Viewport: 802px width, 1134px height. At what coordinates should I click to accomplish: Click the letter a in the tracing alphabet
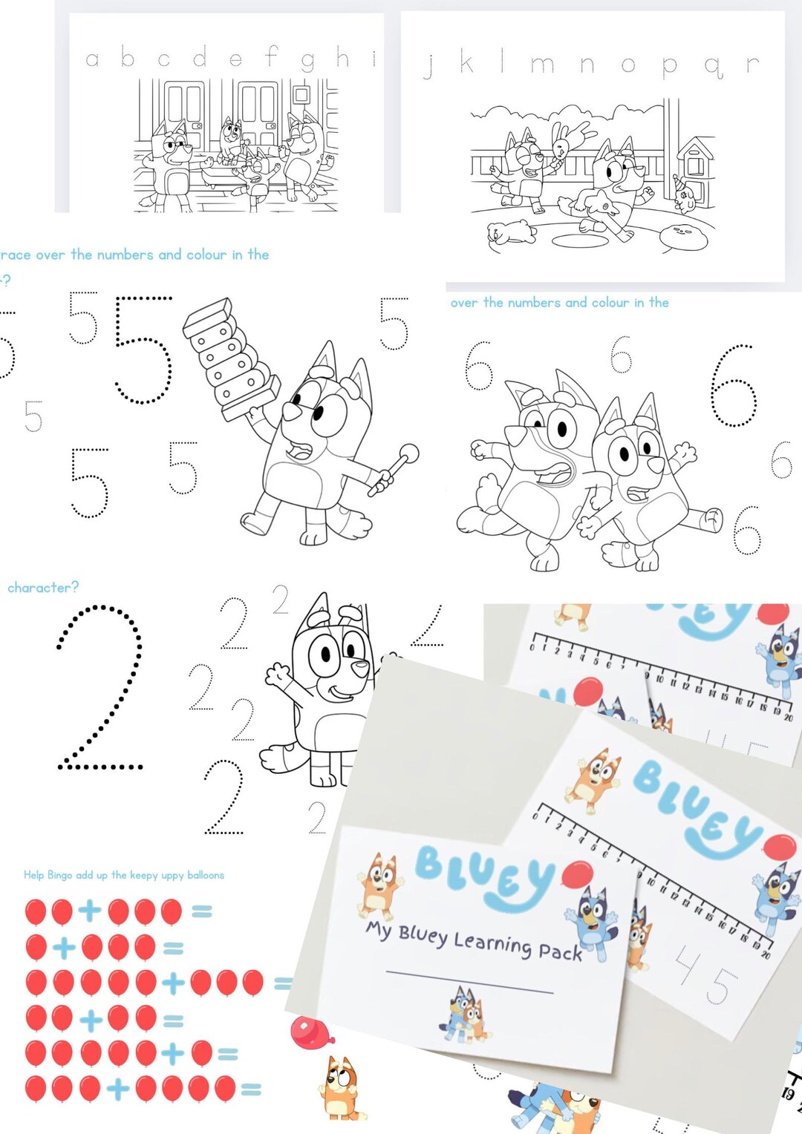pyautogui.click(x=92, y=59)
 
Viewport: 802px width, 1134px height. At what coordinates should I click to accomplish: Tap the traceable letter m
pyautogui.click(x=542, y=65)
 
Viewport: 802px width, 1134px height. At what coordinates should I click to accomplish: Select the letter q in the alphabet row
pyautogui.click(x=713, y=67)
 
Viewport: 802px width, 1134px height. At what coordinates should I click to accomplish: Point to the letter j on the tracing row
pyautogui.click(x=428, y=65)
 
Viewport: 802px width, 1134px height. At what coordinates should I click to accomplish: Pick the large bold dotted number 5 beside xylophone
pyautogui.click(x=143, y=349)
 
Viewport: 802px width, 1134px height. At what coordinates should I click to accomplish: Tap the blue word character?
pyautogui.click(x=43, y=588)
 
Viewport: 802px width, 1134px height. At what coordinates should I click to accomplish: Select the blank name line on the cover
pyautogui.click(x=469, y=981)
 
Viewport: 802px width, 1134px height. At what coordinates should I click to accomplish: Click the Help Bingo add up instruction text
pyautogui.click(x=124, y=875)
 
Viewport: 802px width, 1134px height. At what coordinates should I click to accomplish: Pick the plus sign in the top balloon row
pyautogui.click(x=90, y=911)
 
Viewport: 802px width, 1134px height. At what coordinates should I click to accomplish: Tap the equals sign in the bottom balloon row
pyautogui.click(x=251, y=1089)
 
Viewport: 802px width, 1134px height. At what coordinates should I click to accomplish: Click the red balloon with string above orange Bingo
pyautogui.click(x=308, y=1033)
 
